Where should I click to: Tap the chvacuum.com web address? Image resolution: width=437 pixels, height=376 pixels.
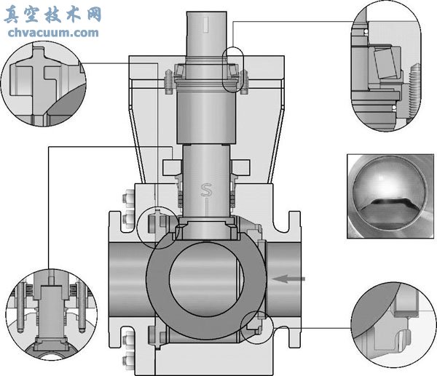tap(52, 32)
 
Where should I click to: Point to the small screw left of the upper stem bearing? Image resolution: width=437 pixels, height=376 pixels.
tap(170, 78)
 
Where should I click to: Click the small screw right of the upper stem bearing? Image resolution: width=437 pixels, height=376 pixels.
tap(245, 78)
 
